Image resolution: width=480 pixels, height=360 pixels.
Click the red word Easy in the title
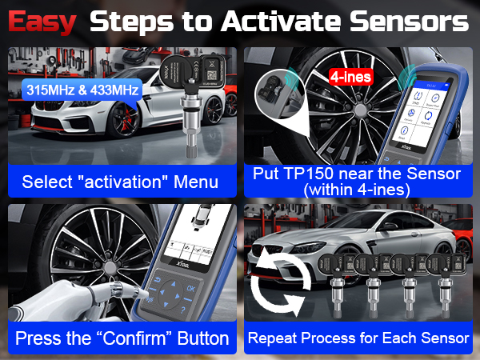(x=42, y=22)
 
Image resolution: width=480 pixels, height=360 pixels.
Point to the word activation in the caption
(x=125, y=182)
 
